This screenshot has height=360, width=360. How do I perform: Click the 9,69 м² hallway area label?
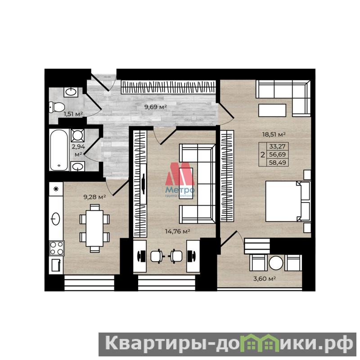tap(155, 107)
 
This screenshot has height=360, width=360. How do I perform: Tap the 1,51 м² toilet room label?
tap(73, 114)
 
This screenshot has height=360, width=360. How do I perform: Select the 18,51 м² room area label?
tap(274, 134)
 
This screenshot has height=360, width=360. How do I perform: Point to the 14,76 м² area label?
tap(177, 231)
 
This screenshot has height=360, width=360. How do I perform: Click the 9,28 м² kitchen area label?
tap(94, 197)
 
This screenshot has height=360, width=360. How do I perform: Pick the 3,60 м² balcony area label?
tap(265, 279)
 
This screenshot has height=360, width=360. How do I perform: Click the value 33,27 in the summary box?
tap(277, 146)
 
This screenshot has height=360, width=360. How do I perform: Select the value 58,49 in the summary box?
tap(278, 162)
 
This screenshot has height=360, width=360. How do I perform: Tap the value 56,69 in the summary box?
tap(277, 154)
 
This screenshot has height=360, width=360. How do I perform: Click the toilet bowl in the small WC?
tap(57, 107)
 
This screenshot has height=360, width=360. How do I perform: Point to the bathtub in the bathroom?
tap(59, 150)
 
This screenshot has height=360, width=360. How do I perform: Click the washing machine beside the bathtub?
tap(77, 135)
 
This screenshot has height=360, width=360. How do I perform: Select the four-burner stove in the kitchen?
tap(57, 248)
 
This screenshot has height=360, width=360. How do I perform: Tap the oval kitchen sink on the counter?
tap(55, 219)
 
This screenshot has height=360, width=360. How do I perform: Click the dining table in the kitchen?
tap(94, 228)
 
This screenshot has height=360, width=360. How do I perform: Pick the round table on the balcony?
tap(276, 263)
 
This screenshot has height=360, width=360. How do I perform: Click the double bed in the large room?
tap(288, 201)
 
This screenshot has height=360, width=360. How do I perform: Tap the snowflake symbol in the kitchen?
tap(56, 189)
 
